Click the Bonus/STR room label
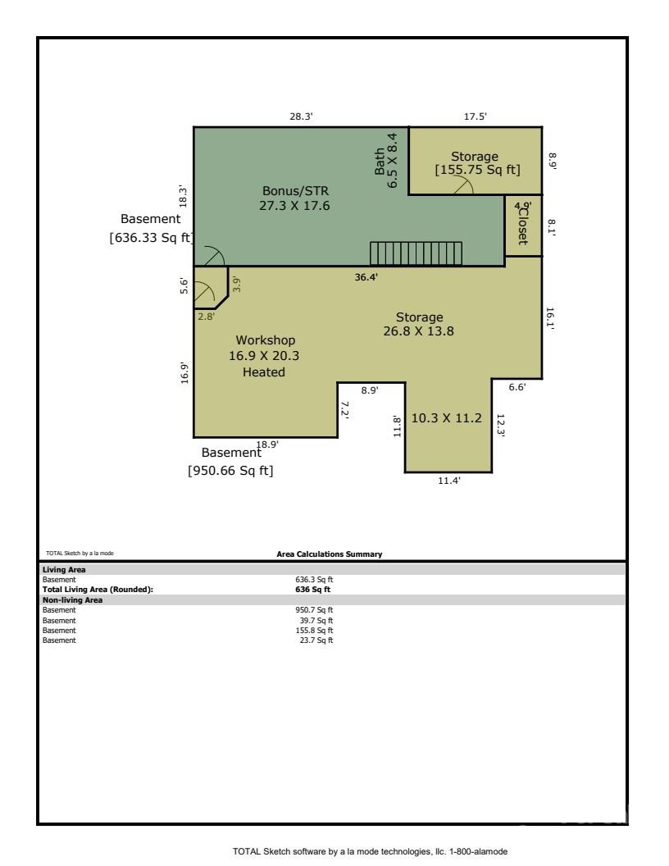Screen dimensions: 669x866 [295, 191]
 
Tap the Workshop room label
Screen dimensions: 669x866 [266, 340]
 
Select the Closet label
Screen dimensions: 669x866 [522, 226]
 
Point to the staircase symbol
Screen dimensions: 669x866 [416, 253]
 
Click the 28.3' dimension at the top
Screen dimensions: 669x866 [302, 116]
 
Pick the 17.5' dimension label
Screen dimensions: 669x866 [475, 116]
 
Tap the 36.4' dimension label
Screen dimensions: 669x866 [366, 276]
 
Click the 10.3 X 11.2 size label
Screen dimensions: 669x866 [447, 418]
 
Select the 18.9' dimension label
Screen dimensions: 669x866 [267, 444]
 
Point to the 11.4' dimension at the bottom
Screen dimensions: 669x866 [448, 481]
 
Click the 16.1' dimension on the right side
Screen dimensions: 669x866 [550, 319]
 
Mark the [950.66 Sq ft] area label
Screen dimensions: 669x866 [230, 471]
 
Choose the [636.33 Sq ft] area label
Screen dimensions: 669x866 [151, 238]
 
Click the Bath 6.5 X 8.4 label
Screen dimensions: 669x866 [386, 161]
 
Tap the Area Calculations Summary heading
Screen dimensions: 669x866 [330, 554]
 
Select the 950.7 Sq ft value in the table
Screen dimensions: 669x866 [314, 610]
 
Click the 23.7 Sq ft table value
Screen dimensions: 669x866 [316, 640]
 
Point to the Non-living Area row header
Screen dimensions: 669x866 [72, 599]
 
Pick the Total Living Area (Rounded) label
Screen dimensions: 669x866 [98, 590]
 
